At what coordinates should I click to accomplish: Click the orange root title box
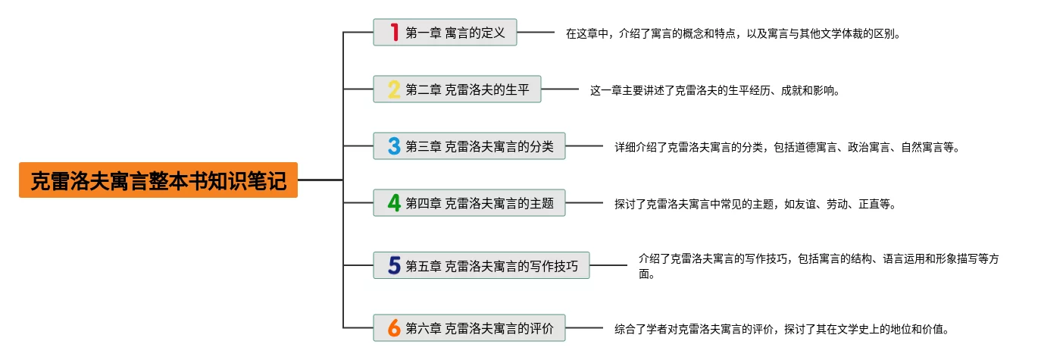point(158,180)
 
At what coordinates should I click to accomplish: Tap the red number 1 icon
point(394,33)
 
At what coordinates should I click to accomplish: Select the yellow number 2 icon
point(394,89)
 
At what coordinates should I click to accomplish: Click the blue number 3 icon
point(394,146)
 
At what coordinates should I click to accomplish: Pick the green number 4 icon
point(394,203)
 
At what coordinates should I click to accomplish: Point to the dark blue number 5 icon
point(394,265)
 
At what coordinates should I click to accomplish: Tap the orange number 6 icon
point(394,327)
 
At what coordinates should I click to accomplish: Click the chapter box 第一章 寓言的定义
point(445,33)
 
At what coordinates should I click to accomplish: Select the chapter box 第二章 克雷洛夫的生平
point(457,89)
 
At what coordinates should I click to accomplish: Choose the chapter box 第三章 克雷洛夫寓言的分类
point(469,146)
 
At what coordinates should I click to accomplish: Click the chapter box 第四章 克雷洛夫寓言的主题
point(469,203)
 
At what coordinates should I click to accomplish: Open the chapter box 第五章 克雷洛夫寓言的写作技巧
point(481,265)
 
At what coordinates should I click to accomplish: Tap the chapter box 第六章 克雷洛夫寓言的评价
point(469,327)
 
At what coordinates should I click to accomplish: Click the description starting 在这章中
point(733,33)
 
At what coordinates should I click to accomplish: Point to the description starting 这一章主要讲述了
point(714,90)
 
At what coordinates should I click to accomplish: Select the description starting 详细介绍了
point(786,147)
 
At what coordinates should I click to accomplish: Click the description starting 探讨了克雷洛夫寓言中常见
point(755,204)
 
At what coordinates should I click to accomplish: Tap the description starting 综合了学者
point(782,329)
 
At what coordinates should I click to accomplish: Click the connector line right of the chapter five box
point(608,265)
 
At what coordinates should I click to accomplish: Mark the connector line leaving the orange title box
point(320,180)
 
